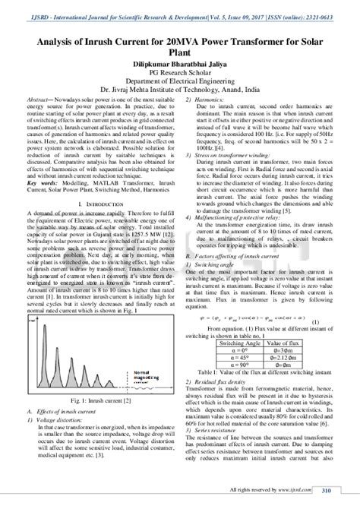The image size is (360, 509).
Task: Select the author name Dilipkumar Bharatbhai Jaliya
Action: tap(179, 56)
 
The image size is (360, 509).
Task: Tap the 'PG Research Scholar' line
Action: tap(179, 66)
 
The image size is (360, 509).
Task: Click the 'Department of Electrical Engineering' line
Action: tap(179, 76)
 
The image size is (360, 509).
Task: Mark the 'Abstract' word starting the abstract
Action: tap(37, 100)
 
